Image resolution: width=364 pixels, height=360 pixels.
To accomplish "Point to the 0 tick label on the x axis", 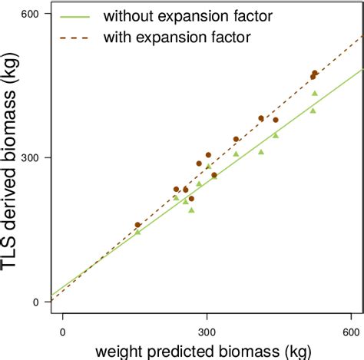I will (x=62, y=332).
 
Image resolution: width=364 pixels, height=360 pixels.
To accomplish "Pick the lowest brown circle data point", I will (x=137, y=225).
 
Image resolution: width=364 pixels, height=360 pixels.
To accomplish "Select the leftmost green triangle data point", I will (x=137, y=231).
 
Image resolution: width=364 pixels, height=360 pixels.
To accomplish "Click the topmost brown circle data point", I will (x=315, y=73).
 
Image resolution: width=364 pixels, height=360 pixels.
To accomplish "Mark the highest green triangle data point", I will (x=315, y=93).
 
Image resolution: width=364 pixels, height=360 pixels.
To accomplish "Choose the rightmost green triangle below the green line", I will (x=313, y=111).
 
